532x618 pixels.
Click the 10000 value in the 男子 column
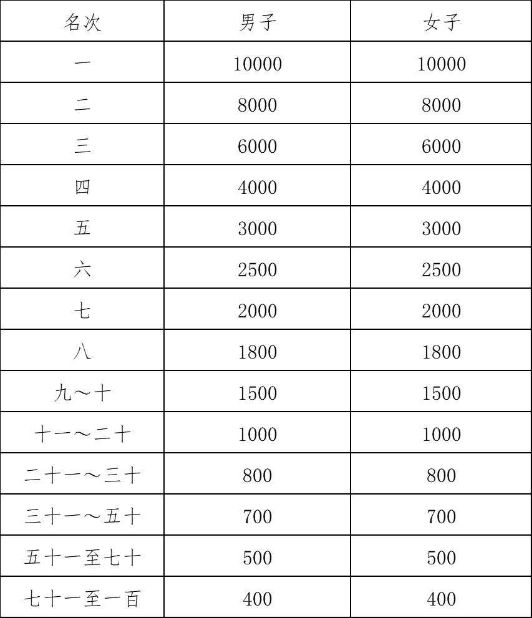click(x=258, y=64)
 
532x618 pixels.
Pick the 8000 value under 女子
click(x=441, y=105)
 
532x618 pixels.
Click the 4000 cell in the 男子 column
click(x=258, y=188)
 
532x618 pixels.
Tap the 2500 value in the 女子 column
click(x=441, y=270)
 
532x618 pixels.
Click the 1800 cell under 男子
click(x=258, y=352)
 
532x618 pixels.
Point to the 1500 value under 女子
click(x=441, y=393)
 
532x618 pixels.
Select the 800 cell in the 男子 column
click(x=258, y=476)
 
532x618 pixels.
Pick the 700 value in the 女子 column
click(x=441, y=517)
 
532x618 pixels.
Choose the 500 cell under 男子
click(x=258, y=558)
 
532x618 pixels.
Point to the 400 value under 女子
click(x=441, y=599)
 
